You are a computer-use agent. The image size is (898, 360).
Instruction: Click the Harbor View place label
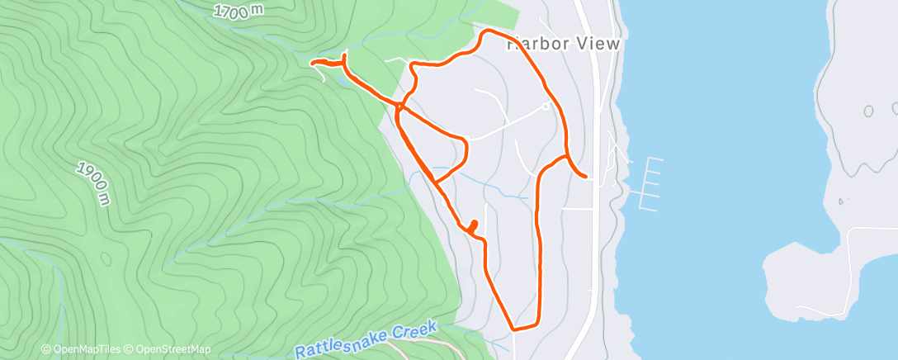(x=561, y=45)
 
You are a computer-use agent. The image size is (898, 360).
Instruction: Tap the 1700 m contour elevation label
(x=237, y=12)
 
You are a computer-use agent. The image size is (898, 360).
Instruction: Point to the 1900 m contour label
(x=93, y=182)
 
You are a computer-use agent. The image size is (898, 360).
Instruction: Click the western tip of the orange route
(x=311, y=62)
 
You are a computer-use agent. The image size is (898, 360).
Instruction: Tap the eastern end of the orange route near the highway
(x=585, y=177)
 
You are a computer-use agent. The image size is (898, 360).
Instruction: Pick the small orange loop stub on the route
(x=473, y=225)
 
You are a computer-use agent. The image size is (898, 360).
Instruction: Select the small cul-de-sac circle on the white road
(x=546, y=106)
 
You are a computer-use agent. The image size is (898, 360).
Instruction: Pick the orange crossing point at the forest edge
(x=399, y=106)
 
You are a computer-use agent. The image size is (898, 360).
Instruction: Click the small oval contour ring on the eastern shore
(x=867, y=111)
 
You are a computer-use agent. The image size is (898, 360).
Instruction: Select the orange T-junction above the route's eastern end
(x=566, y=155)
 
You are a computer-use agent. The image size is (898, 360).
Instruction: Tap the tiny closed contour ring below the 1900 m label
(x=105, y=258)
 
